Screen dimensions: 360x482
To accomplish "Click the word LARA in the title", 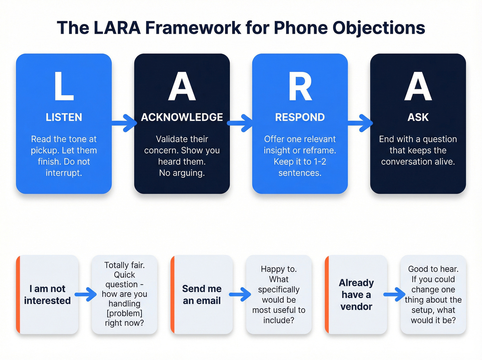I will coord(117,28).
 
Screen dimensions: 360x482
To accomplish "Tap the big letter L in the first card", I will coord(64,86).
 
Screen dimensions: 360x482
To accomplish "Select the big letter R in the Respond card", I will coord(300,86).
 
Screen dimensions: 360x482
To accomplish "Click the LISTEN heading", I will coord(64,117).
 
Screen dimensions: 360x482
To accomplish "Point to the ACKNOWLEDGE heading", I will coord(182,117).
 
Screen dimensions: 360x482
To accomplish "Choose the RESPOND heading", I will coord(300,117).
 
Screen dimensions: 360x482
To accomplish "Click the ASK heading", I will coord(418,117).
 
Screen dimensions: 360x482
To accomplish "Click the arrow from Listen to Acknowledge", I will coord(124,123).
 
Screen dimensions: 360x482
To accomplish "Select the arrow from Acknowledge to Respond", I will coord(241,123).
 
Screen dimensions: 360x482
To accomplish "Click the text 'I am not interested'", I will coord(48,295).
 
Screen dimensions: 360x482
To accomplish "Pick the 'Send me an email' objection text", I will coord(202,295).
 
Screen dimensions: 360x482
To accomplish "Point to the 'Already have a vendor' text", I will coord(356,295).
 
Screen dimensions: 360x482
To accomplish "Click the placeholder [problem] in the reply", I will coord(124,313).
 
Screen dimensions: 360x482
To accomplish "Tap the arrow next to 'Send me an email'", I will coord(240,294).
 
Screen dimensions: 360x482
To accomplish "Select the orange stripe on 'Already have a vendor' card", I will coord(327,295).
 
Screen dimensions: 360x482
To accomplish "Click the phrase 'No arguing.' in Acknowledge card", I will coord(182,173).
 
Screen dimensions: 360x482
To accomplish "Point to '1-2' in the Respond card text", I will coord(319,162).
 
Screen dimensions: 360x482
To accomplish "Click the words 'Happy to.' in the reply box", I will coord(279,269).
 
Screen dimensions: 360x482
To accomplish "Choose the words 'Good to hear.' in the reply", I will coord(433,269).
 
